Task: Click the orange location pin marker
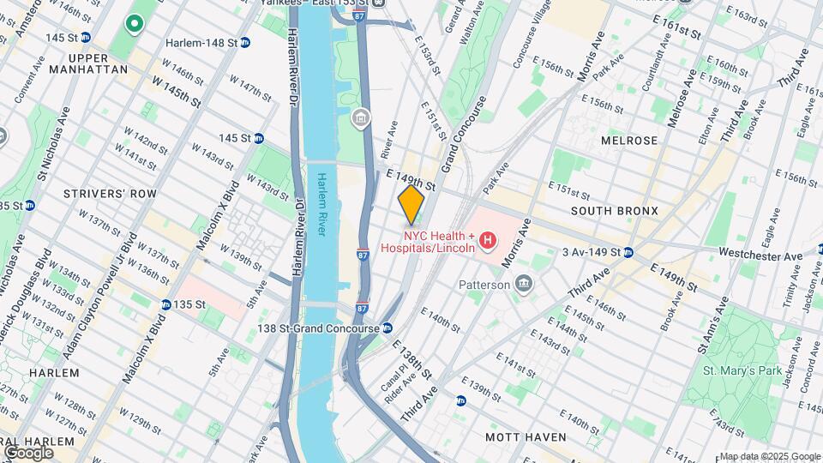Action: tap(411, 204)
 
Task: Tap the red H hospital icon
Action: tap(488, 242)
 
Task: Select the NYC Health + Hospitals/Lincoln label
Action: tap(440, 242)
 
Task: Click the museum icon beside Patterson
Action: tap(523, 284)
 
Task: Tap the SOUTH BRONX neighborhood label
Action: tap(614, 211)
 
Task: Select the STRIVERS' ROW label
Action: tap(110, 194)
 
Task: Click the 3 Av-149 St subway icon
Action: tap(628, 252)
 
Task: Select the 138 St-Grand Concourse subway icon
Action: tap(387, 328)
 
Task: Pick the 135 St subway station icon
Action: tap(165, 304)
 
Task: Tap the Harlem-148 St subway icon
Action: tap(245, 41)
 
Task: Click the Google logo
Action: tap(29, 452)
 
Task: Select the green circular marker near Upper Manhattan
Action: tap(134, 23)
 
